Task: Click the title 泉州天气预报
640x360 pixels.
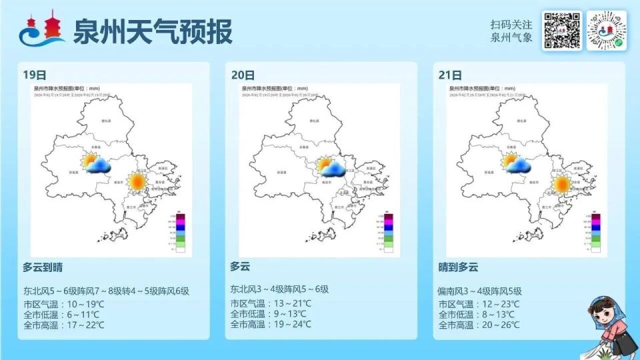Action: point(153,31)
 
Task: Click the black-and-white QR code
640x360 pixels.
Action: point(561,31)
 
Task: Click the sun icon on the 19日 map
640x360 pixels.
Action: point(137,181)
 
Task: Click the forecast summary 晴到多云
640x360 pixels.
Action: point(458,267)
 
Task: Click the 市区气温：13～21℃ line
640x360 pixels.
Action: point(271,303)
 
